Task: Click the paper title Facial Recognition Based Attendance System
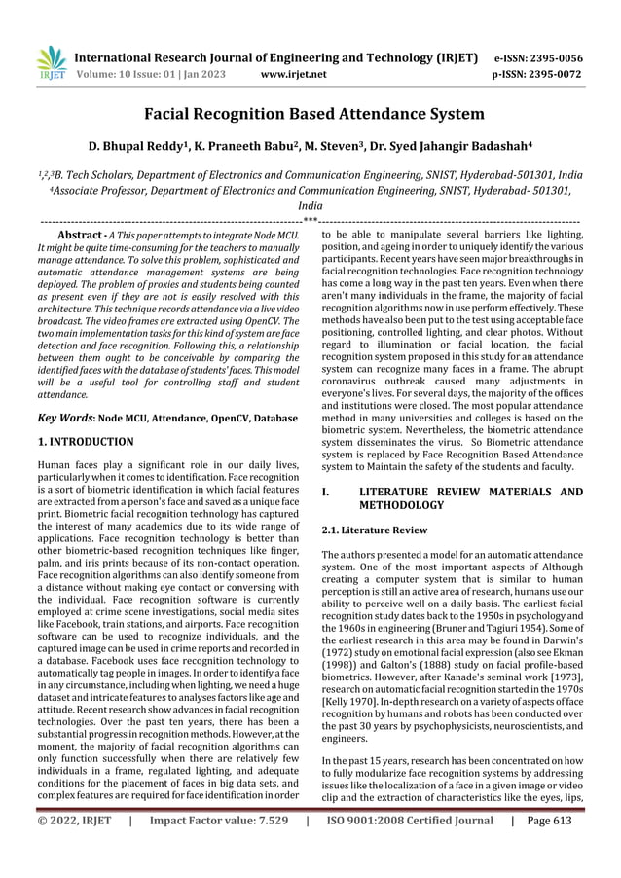point(310,115)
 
